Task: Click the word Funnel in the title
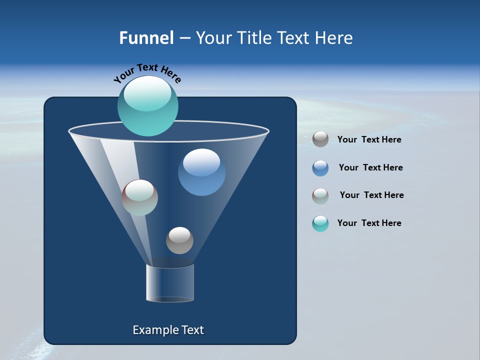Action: (146, 38)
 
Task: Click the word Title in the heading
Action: (255, 38)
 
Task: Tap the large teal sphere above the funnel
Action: (148, 105)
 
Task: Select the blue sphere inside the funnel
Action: (201, 172)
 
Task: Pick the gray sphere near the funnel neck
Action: (179, 240)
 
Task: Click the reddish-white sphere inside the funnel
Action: (140, 197)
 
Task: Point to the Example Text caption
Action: (168, 330)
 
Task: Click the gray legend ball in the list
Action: (320, 139)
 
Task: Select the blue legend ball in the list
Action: (320, 168)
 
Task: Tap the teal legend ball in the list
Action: (320, 223)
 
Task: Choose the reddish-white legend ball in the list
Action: (320, 196)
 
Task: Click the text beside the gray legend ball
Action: (369, 140)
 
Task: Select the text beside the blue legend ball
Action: (370, 168)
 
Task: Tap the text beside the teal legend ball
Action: (369, 223)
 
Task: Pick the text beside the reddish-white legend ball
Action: (371, 195)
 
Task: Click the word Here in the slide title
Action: (334, 38)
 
